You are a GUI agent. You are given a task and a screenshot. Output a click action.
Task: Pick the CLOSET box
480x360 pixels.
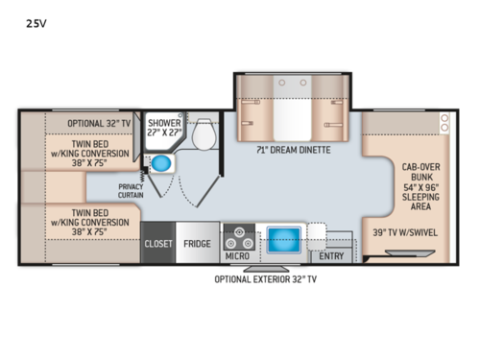coord(158,243)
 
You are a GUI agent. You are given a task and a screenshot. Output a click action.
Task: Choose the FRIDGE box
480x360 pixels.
coord(198,243)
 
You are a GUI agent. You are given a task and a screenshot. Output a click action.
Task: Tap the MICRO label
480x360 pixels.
coord(237,256)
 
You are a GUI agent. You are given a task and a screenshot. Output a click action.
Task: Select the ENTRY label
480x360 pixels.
coord(331,256)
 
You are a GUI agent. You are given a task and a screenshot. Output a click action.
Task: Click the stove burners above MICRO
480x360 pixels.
coord(237,235)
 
